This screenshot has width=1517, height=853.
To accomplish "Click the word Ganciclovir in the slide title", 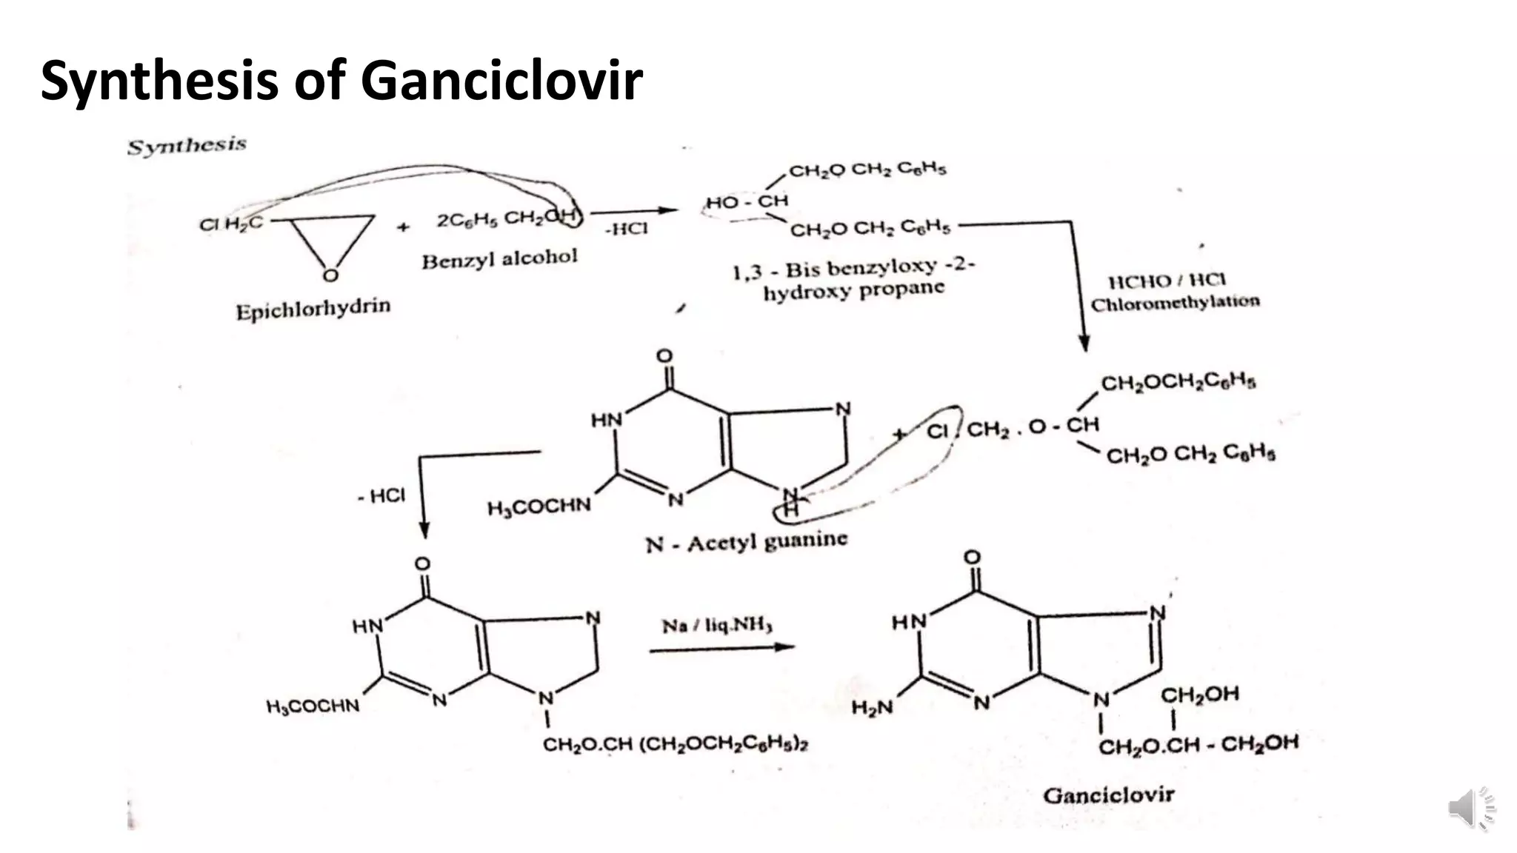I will pyautogui.click(x=501, y=80).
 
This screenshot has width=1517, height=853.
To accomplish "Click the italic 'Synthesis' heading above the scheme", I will pyautogui.click(x=187, y=146).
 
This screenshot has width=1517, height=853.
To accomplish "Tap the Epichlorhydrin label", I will pyautogui.click(x=313, y=309).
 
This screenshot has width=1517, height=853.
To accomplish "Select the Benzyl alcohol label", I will pyautogui.click(x=499, y=259).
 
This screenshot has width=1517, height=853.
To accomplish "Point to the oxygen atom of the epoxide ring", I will pyautogui.click(x=330, y=275).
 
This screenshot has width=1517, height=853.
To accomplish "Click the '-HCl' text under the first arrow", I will pyautogui.click(x=626, y=229).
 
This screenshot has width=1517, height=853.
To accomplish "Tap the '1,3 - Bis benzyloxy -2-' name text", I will pyautogui.click(x=853, y=269).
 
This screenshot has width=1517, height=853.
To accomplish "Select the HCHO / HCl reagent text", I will pyautogui.click(x=1167, y=281).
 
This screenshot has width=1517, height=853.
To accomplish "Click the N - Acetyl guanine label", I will pyautogui.click(x=746, y=543).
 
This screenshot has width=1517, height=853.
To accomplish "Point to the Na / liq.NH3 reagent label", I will pyautogui.click(x=716, y=626).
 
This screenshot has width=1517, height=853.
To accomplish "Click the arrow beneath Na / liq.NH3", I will pyautogui.click(x=721, y=649).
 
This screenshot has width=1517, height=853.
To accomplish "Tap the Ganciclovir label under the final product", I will pyautogui.click(x=1108, y=795).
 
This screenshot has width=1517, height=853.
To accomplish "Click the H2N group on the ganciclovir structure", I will pyautogui.click(x=872, y=708).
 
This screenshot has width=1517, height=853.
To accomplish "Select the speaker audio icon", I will pyautogui.click(x=1470, y=808).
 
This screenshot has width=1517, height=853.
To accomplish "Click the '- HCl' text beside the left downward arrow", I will pyautogui.click(x=381, y=495).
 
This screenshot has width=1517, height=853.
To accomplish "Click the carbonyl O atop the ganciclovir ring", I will pyautogui.click(x=972, y=558).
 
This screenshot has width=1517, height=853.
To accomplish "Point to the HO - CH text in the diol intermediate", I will pyautogui.click(x=747, y=201).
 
